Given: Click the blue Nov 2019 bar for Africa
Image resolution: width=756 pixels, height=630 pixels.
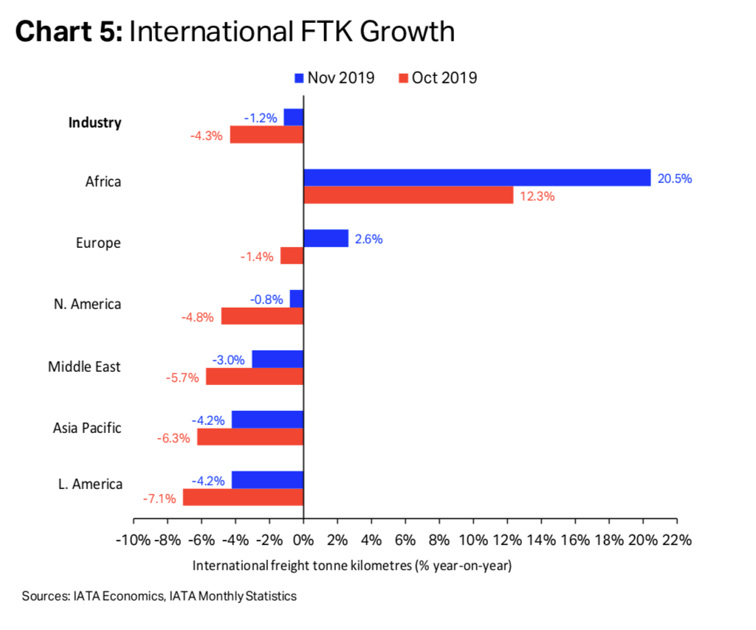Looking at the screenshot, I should [x=477, y=178].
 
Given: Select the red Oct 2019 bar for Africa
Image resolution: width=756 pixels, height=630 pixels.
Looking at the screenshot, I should [x=408, y=195].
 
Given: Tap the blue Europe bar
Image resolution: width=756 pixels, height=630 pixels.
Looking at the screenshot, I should [x=326, y=238].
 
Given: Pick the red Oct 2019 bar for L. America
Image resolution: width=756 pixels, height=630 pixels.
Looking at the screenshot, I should [x=243, y=497].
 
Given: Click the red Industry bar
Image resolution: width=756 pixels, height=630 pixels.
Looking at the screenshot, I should [x=267, y=135].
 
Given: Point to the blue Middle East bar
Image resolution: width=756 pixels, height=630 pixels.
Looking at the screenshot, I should [x=278, y=359].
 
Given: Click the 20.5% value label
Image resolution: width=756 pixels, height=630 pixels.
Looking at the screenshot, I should [x=675, y=179].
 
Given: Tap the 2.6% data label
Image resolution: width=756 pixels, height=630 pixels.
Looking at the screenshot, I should [x=368, y=239].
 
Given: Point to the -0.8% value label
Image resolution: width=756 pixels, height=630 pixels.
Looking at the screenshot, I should [x=267, y=299].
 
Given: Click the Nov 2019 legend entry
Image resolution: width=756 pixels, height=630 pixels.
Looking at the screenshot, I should [x=334, y=77].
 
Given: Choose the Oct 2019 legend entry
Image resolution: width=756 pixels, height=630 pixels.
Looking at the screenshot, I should [x=436, y=77].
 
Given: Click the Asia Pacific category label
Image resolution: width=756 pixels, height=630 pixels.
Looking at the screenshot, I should [x=87, y=428].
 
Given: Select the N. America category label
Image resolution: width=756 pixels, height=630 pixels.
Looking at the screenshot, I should [x=87, y=304].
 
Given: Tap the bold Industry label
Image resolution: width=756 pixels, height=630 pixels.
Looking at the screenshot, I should [x=94, y=122].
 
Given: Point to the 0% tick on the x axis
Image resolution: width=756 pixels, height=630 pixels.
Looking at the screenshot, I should [x=303, y=539].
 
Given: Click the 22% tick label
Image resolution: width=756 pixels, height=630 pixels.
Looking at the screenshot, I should [x=676, y=539].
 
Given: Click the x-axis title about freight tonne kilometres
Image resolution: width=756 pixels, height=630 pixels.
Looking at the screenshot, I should [x=352, y=567].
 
